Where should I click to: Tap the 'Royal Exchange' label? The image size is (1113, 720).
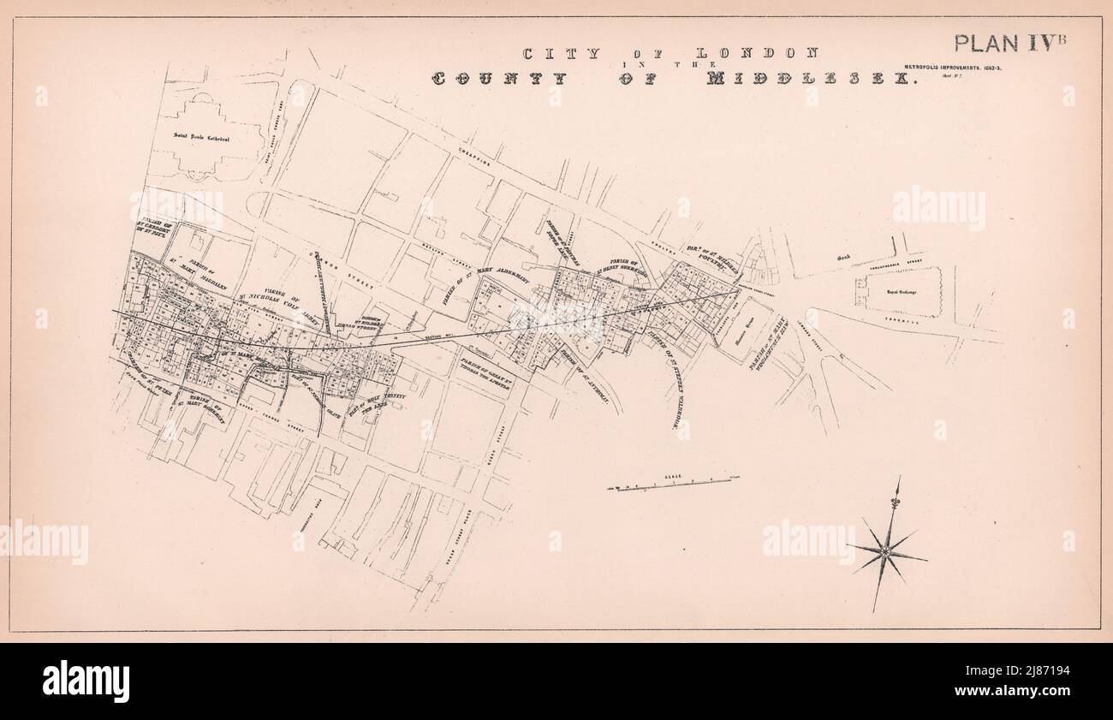point(896,290)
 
